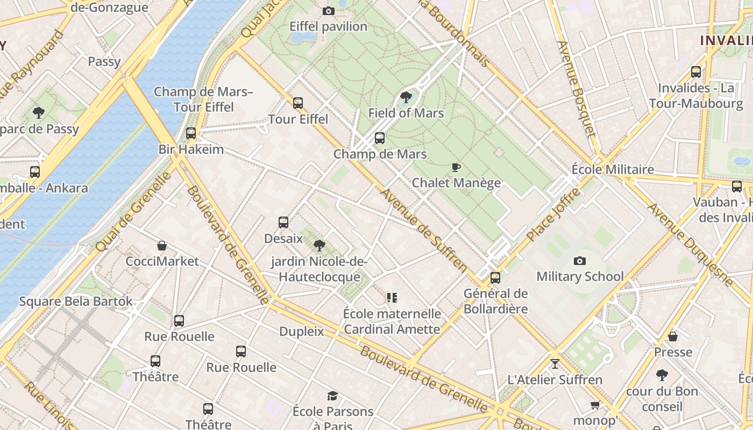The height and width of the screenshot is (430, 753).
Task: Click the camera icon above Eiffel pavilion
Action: coord(328,11)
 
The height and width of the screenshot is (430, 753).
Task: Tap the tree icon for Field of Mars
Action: coord(406,97)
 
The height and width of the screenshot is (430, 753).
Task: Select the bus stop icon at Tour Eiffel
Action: coord(298,103)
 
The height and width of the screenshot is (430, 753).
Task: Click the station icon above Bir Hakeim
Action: coord(191,133)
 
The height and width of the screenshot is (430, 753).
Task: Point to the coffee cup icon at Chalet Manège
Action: coord(456,167)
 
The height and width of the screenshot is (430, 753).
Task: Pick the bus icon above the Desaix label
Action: coord(283,222)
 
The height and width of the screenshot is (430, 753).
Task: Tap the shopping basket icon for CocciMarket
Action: coord(162,246)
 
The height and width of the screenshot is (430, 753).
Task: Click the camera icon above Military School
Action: coord(580,261)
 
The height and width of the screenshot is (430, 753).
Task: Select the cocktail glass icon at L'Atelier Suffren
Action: coord(555,364)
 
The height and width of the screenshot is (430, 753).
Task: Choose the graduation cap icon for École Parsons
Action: coord(333,396)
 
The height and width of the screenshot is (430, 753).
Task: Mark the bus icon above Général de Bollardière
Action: coord(495,278)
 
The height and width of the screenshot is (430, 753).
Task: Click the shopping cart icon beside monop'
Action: coord(595,405)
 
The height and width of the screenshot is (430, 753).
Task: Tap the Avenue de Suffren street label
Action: coord(424,230)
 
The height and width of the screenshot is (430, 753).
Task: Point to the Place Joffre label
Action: coord(554,214)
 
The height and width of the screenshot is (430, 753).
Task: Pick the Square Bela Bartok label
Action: coord(76,301)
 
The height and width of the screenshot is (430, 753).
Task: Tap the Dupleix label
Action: coord(302,331)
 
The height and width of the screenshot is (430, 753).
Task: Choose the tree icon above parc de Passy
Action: coord(39,113)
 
